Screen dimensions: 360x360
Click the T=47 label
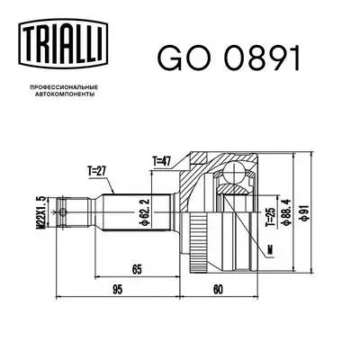(163, 161)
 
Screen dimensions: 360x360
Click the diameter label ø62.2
(144, 213)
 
